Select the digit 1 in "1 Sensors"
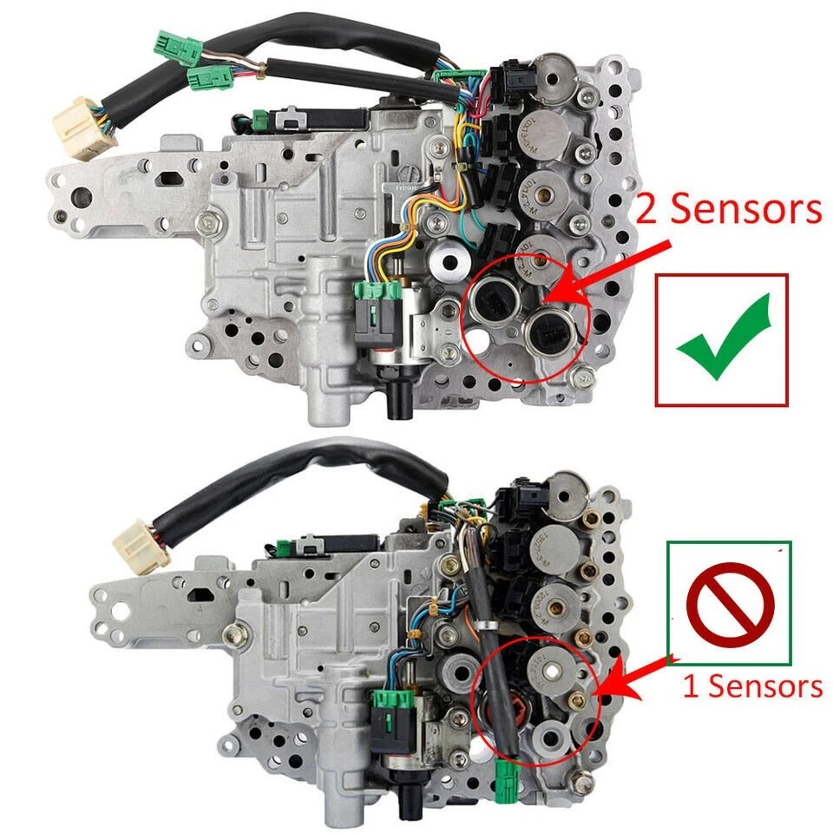point(691,687)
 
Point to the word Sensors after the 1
point(764,687)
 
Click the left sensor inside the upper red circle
point(491,300)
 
